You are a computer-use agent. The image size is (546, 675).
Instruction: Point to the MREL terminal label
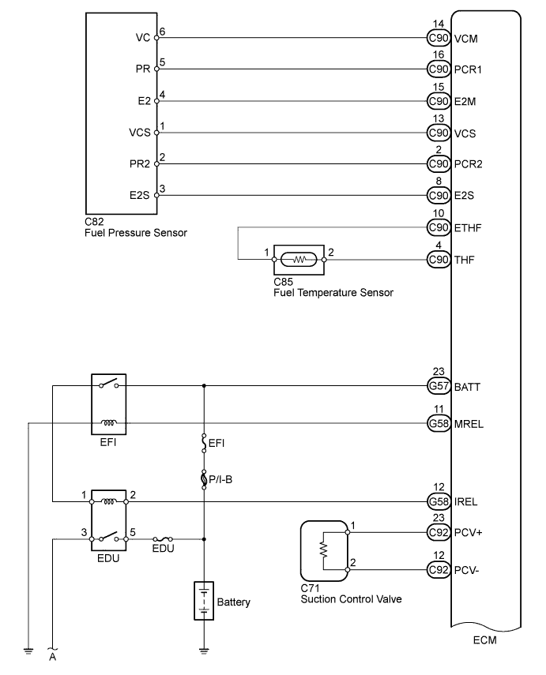(469, 424)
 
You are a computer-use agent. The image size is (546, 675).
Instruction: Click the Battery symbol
(205, 602)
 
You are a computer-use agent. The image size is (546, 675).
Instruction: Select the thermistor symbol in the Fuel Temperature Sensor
(299, 259)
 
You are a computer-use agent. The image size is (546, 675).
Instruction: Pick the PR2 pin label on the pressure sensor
(142, 164)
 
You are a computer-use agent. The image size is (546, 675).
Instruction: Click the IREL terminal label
(467, 501)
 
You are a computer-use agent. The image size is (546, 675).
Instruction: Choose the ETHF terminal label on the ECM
(468, 228)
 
